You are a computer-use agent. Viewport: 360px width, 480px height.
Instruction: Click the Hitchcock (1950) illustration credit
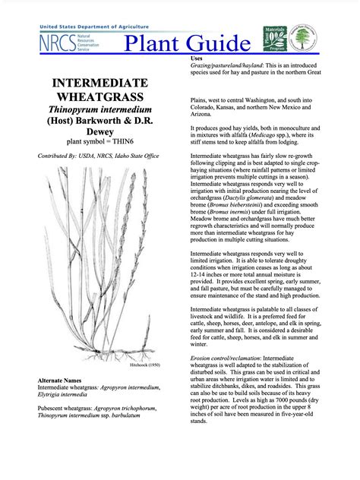click(x=145, y=365)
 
